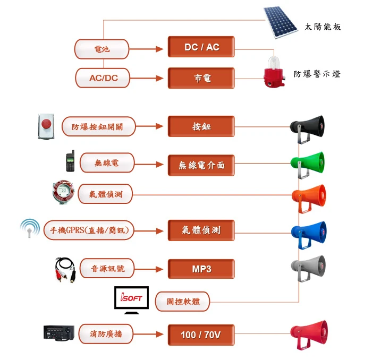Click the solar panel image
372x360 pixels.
coord(281,22)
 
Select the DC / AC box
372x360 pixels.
coord(201,47)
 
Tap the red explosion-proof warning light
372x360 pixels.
coord(274,72)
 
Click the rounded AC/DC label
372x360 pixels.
coord(103,78)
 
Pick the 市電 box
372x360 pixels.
coord(201,78)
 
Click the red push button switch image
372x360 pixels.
coord(46,126)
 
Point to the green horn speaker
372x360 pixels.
coord(308,165)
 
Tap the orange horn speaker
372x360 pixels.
coord(309,199)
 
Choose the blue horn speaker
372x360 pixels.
coord(309,235)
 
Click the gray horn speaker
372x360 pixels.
coord(308,268)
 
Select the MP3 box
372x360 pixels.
coord(201,269)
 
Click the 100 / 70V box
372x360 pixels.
coord(201,335)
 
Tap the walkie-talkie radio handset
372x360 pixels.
coord(70,161)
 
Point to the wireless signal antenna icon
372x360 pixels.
coord(30,228)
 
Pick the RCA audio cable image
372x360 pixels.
coord(65,269)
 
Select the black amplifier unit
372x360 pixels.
coord(59,333)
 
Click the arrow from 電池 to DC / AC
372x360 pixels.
coord(146,49)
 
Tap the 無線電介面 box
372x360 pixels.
coord(201,165)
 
